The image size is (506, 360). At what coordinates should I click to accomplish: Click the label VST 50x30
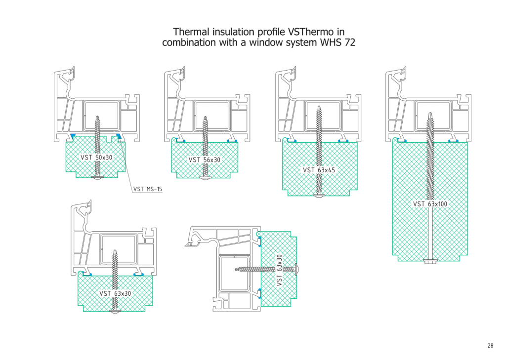[96, 158]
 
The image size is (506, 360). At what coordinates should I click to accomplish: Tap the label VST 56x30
[205, 160]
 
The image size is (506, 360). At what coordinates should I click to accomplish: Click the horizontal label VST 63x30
[115, 293]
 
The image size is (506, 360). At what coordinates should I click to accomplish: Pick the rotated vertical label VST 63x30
[280, 270]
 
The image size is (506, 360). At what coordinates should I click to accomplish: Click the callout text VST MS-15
[148, 189]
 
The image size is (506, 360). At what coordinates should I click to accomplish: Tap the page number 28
[490, 346]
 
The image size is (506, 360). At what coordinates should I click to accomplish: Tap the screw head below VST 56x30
[205, 177]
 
